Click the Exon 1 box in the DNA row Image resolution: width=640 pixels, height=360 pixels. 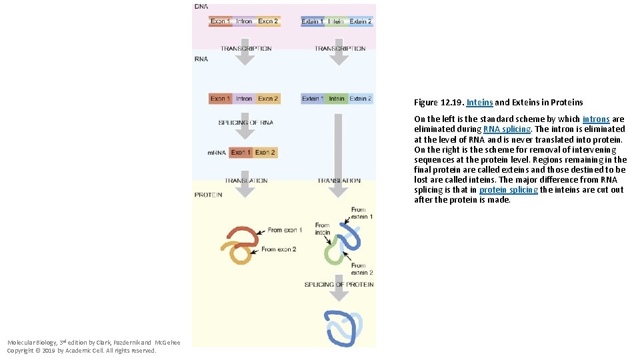pos(221,21)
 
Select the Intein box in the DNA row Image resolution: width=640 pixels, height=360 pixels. pos(336,21)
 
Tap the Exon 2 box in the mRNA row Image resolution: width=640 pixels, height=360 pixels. pos(265,153)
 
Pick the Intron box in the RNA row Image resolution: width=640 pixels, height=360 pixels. pos(244,99)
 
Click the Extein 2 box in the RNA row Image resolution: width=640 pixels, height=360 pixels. pos(361,99)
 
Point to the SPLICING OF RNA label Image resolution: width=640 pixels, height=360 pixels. pos(245,123)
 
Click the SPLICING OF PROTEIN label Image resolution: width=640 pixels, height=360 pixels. pos(339,285)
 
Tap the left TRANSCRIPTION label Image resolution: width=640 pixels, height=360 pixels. pos(246,49)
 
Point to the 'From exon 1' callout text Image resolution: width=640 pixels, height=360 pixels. pos(285,230)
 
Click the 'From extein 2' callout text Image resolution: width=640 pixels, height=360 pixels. pos(361,269)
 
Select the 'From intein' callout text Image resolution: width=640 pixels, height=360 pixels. pos(323,229)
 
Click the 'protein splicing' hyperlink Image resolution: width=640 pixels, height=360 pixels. pos(508,190)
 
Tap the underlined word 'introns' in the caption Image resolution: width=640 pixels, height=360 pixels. pos(596,119)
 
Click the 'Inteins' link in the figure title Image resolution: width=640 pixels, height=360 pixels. pos(479,103)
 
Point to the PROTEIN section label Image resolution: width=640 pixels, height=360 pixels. pos(208,195)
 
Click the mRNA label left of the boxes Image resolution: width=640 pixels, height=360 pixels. pos(216,153)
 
